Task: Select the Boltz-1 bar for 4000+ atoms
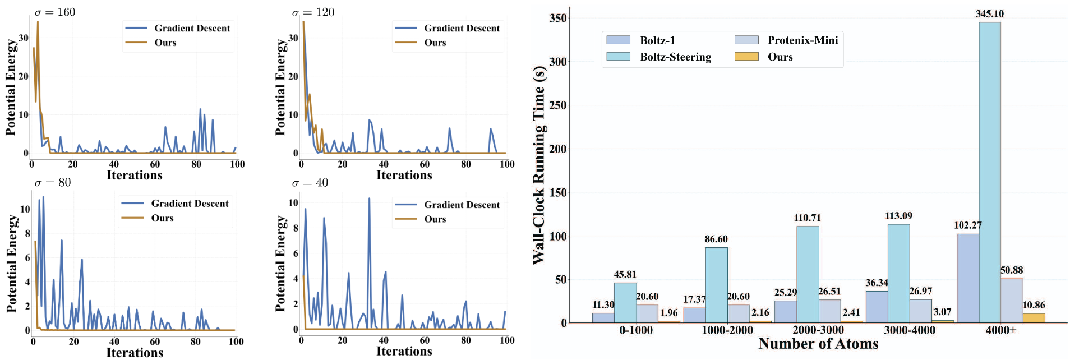click(968, 278)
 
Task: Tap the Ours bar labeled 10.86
click(1034, 318)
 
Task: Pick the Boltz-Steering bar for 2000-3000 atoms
click(808, 275)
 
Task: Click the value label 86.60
click(716, 239)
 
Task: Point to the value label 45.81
click(625, 275)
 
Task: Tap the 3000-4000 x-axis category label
click(910, 330)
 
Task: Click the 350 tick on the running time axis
click(558, 18)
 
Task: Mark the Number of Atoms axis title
click(818, 344)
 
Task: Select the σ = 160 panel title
click(55, 12)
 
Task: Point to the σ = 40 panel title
click(310, 183)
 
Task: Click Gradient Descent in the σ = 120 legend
click(462, 28)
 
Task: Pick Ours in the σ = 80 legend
click(162, 218)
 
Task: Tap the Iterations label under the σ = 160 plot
click(135, 175)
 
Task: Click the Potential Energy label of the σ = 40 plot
click(280, 264)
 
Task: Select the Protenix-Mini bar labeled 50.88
click(1012, 301)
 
